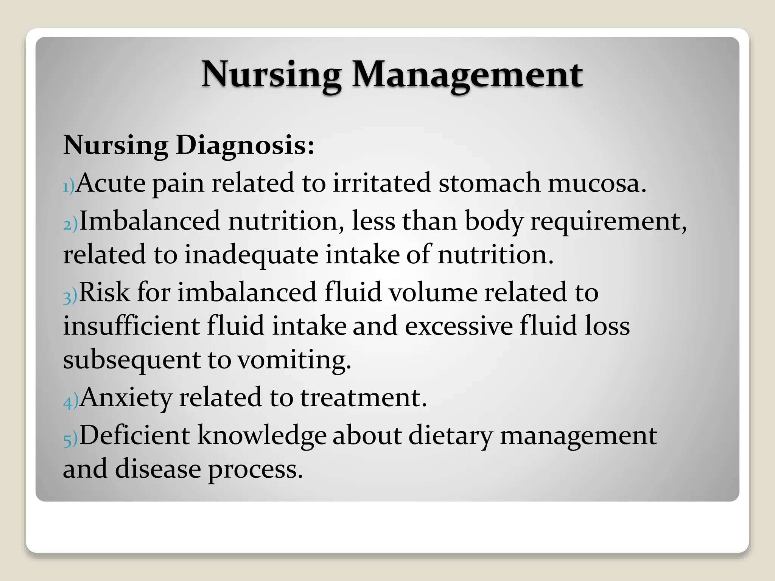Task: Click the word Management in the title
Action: pos(467,75)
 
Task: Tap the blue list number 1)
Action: pos(68,186)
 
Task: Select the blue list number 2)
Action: pos(70,225)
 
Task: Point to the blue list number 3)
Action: pos(70,296)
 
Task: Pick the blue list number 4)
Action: pos(71,401)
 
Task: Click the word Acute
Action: pos(110,183)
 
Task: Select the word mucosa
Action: pos(597,183)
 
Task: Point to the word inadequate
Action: pos(251,255)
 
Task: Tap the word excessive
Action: pos(459,326)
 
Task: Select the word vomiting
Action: pos(294,360)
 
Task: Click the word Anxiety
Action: pos(126,398)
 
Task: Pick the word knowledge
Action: pos(262,436)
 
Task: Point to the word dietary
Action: pos(450,436)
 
